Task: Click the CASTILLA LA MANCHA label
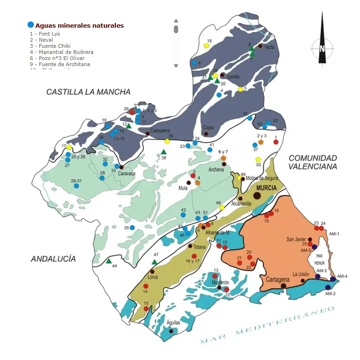(x=88, y=92)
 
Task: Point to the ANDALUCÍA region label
(x=53, y=259)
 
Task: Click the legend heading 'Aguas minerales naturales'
(x=79, y=26)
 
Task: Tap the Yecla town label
(x=269, y=47)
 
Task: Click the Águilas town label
(x=173, y=322)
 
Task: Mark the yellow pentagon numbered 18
(x=207, y=46)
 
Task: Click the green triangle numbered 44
(x=109, y=261)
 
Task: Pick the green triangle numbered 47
(x=155, y=262)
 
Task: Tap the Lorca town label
(x=153, y=277)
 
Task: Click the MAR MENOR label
(x=320, y=259)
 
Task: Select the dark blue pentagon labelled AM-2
(x=328, y=287)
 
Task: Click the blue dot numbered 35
(x=132, y=228)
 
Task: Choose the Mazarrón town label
(x=220, y=283)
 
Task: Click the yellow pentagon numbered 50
(x=258, y=160)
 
